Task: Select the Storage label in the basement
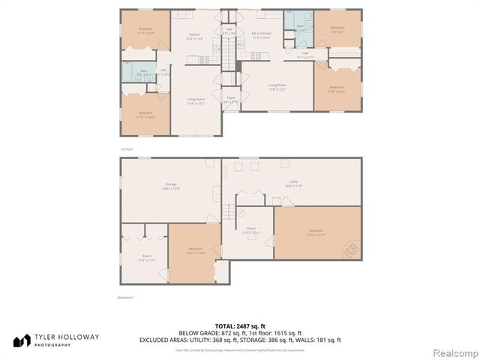click(x=171, y=187)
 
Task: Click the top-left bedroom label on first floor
click(x=145, y=32)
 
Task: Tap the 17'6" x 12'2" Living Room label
click(x=277, y=87)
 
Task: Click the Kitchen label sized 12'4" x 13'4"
click(x=194, y=37)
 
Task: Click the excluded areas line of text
click(x=239, y=340)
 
